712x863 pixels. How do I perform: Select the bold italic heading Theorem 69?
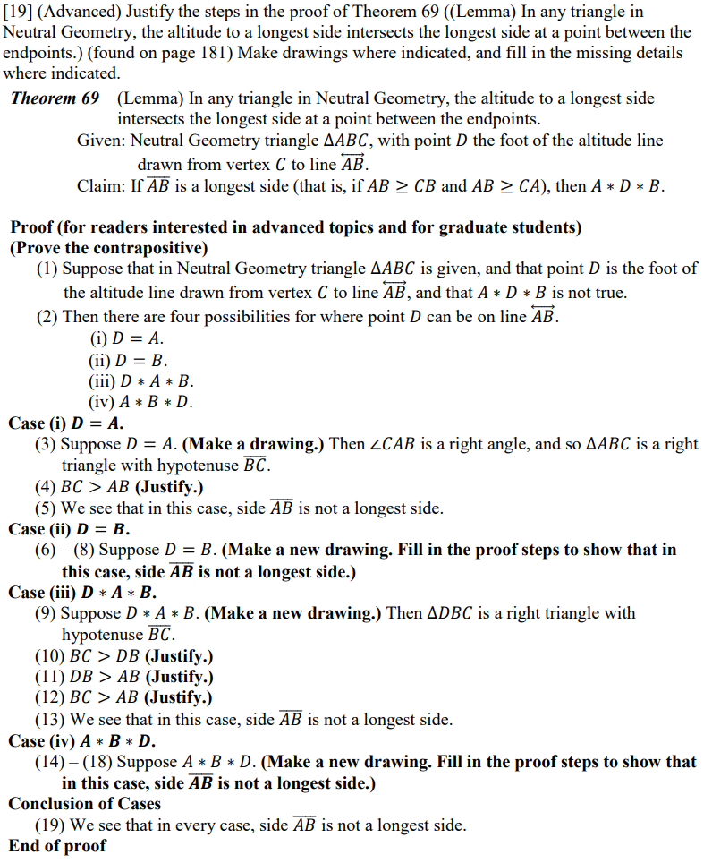[x=55, y=98]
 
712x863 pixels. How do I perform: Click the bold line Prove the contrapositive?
[x=109, y=248]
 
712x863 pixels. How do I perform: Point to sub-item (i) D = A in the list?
[x=126, y=339]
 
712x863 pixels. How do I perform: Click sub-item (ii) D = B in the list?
[x=128, y=361]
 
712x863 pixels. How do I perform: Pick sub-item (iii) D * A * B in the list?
[x=140, y=381]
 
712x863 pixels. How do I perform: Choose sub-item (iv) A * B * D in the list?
[x=140, y=402]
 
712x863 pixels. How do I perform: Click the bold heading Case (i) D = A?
[x=66, y=423]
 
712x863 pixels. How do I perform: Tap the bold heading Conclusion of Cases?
[x=85, y=803]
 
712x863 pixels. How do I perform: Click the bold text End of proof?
[x=57, y=845]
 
